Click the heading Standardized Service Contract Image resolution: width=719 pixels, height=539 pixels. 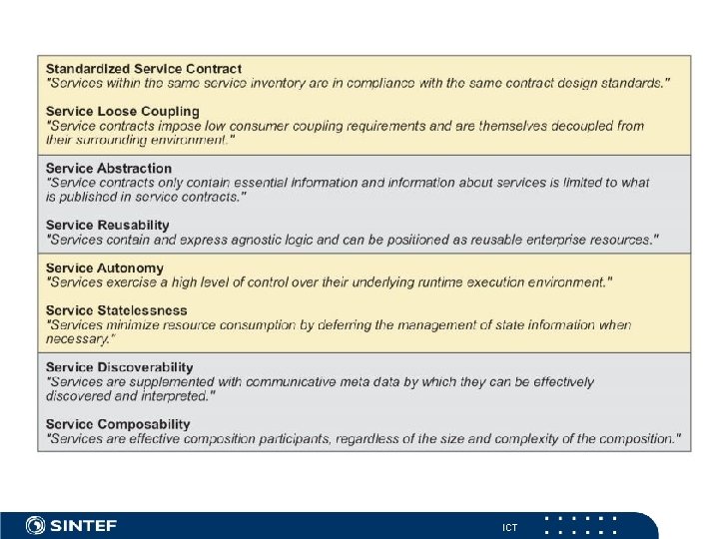pos(144,69)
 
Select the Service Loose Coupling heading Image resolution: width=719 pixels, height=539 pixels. pos(123,112)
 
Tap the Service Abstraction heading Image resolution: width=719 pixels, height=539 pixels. pos(109,169)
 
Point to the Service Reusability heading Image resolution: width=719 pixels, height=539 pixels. pos(108,226)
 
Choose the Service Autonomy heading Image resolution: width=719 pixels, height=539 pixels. pos(105,269)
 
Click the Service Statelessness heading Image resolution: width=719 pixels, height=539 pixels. pos(117,311)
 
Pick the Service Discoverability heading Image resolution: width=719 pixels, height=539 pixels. pos(120,368)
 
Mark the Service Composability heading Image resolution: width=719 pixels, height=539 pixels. pos(118,425)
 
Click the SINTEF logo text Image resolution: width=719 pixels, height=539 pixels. pos(85,525)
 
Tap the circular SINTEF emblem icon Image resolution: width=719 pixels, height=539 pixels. pos(35,525)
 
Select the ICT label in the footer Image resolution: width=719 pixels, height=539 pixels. pos(510,526)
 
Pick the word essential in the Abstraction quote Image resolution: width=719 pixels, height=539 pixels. pos(250,183)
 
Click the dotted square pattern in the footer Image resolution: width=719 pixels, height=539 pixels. pos(581,525)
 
